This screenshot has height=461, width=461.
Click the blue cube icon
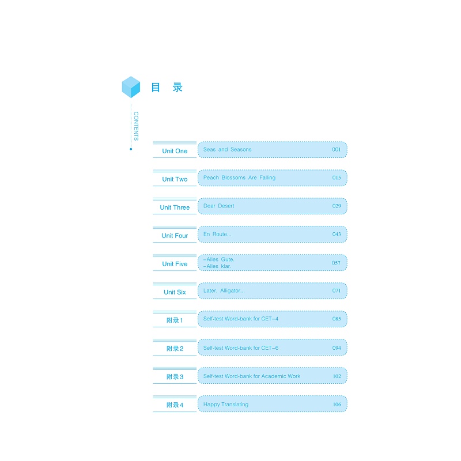[131, 87]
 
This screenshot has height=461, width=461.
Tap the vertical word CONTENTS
[136, 126]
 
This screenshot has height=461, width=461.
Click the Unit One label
[175, 151]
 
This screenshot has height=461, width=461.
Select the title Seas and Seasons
[227, 150]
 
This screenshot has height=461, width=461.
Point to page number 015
[337, 178]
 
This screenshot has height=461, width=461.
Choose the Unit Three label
[175, 207]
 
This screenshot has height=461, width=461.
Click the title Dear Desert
[218, 206]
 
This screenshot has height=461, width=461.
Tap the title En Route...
[217, 235]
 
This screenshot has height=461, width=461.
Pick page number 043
[337, 235]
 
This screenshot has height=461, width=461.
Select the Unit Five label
[175, 264]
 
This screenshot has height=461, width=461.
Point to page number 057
[337, 263]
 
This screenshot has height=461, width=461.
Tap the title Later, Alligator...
[224, 291]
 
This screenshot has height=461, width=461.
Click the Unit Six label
[175, 292]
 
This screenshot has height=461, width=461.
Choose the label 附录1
[175, 320]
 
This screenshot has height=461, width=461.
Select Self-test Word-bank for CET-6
[241, 348]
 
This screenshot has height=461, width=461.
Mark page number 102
[337, 376]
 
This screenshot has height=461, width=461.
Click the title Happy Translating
[226, 405]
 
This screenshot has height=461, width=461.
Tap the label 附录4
[175, 405]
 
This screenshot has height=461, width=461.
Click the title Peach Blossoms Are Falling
[239, 178]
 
